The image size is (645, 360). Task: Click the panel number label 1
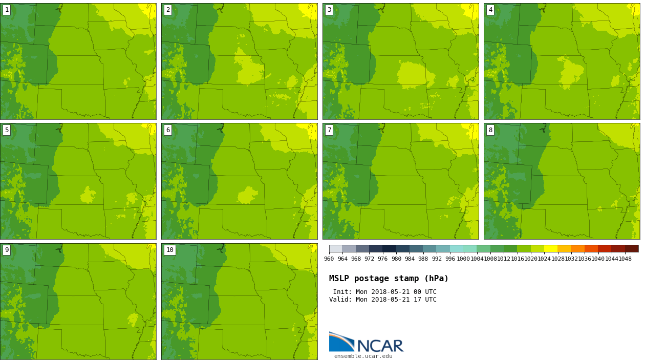[7, 10]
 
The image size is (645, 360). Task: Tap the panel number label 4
[490, 10]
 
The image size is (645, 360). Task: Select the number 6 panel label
[168, 130]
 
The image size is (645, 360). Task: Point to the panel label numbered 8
[490, 130]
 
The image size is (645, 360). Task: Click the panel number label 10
[169, 250]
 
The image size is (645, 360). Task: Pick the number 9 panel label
[7, 250]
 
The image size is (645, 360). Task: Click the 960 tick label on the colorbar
[329, 259]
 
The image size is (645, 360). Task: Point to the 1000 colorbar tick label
[463, 259]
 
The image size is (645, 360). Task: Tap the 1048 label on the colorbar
[625, 259]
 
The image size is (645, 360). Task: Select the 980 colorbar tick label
[396, 259]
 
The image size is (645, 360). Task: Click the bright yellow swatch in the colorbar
[550, 248]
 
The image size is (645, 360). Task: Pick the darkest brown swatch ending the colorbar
[631, 248]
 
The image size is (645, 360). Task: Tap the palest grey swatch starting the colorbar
[336, 248]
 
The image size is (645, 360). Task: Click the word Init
[342, 292]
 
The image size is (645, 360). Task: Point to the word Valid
[339, 300]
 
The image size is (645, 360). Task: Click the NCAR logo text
[380, 346]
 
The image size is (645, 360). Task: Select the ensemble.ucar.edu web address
[363, 356]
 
